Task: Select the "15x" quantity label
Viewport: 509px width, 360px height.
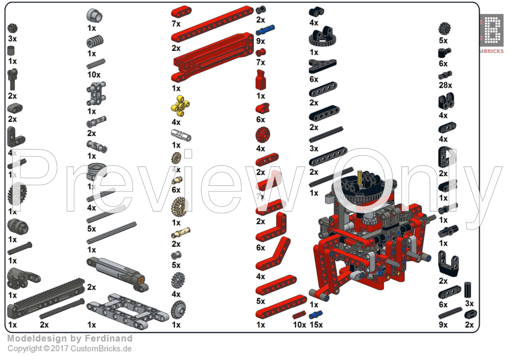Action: [316, 325]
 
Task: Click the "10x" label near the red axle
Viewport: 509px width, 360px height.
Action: [300, 325]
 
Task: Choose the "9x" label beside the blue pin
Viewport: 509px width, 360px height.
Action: [261, 41]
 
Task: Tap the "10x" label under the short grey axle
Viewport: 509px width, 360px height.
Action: [94, 75]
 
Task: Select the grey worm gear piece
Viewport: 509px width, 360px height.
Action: [95, 41]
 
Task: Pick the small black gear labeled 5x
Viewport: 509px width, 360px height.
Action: [445, 29]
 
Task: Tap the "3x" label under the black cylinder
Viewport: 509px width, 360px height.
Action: [469, 304]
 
